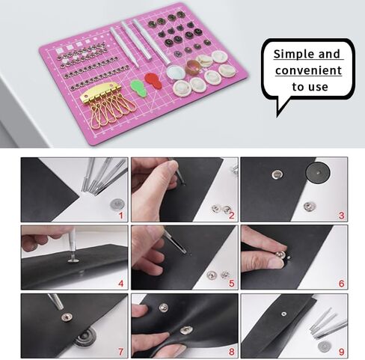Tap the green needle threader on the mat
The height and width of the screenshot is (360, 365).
point(138,87)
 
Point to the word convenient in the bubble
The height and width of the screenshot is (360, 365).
point(308,70)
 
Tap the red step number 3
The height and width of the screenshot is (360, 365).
point(341,215)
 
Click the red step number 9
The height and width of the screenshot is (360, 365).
point(341,352)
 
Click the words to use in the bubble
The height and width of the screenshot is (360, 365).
point(309,87)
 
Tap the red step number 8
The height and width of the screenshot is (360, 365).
point(230,352)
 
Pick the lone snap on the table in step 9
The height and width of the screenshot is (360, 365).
point(324,347)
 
